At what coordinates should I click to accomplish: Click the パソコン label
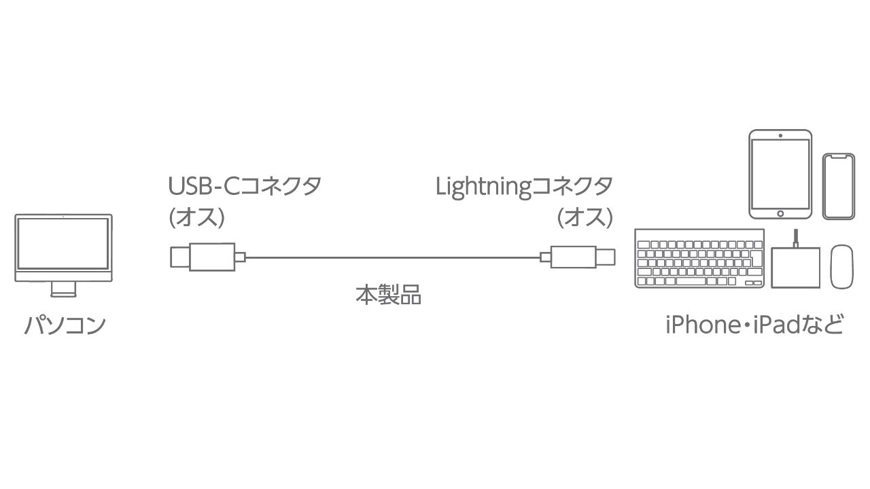coord(65,325)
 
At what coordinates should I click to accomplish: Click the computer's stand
coord(63,290)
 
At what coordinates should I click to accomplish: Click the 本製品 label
coord(388,295)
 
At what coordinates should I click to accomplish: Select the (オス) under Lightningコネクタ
coord(585,218)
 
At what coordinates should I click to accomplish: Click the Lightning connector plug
coord(578,257)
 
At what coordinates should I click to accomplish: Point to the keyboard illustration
coord(699,259)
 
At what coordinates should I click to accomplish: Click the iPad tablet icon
coord(780,174)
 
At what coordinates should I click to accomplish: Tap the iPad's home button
coord(780,213)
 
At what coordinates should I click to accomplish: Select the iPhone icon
coord(838,186)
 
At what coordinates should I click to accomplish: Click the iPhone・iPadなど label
coord(754,325)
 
